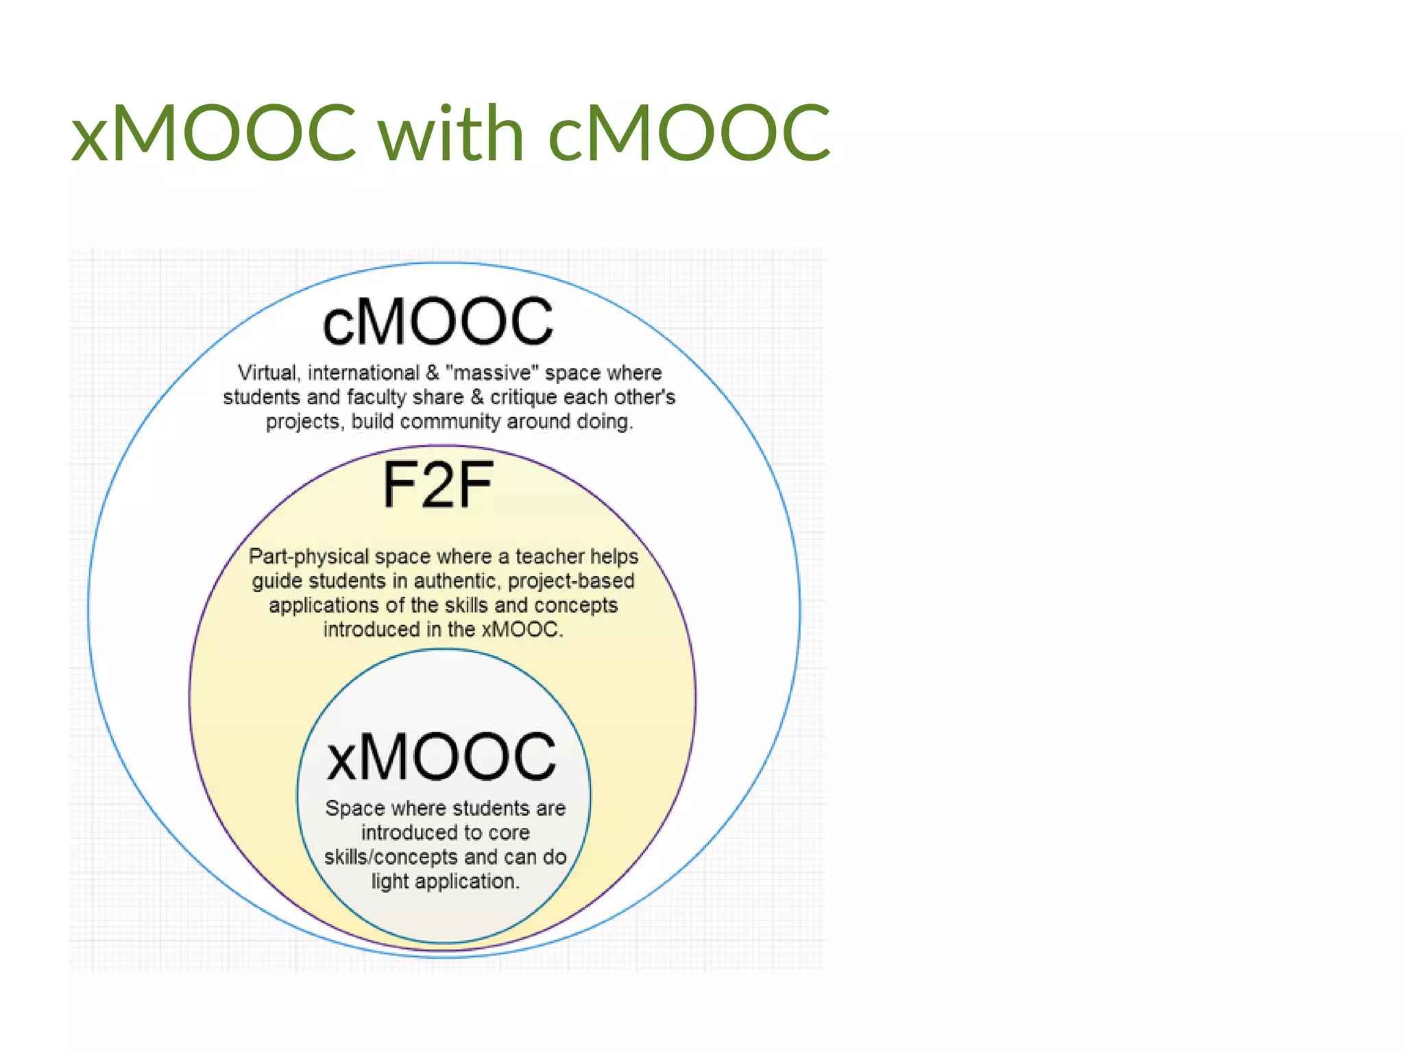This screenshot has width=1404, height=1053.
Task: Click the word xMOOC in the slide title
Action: [213, 132]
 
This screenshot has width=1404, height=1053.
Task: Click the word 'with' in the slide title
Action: [452, 132]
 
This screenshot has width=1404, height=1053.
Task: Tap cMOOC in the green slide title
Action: [690, 132]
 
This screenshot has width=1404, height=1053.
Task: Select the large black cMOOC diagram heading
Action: [437, 322]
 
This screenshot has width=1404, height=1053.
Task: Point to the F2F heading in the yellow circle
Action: [437, 485]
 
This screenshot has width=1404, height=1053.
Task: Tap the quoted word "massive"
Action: [489, 373]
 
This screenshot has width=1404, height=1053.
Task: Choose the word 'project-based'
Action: [571, 581]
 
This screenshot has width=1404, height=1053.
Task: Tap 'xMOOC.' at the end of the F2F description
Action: [522, 629]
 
